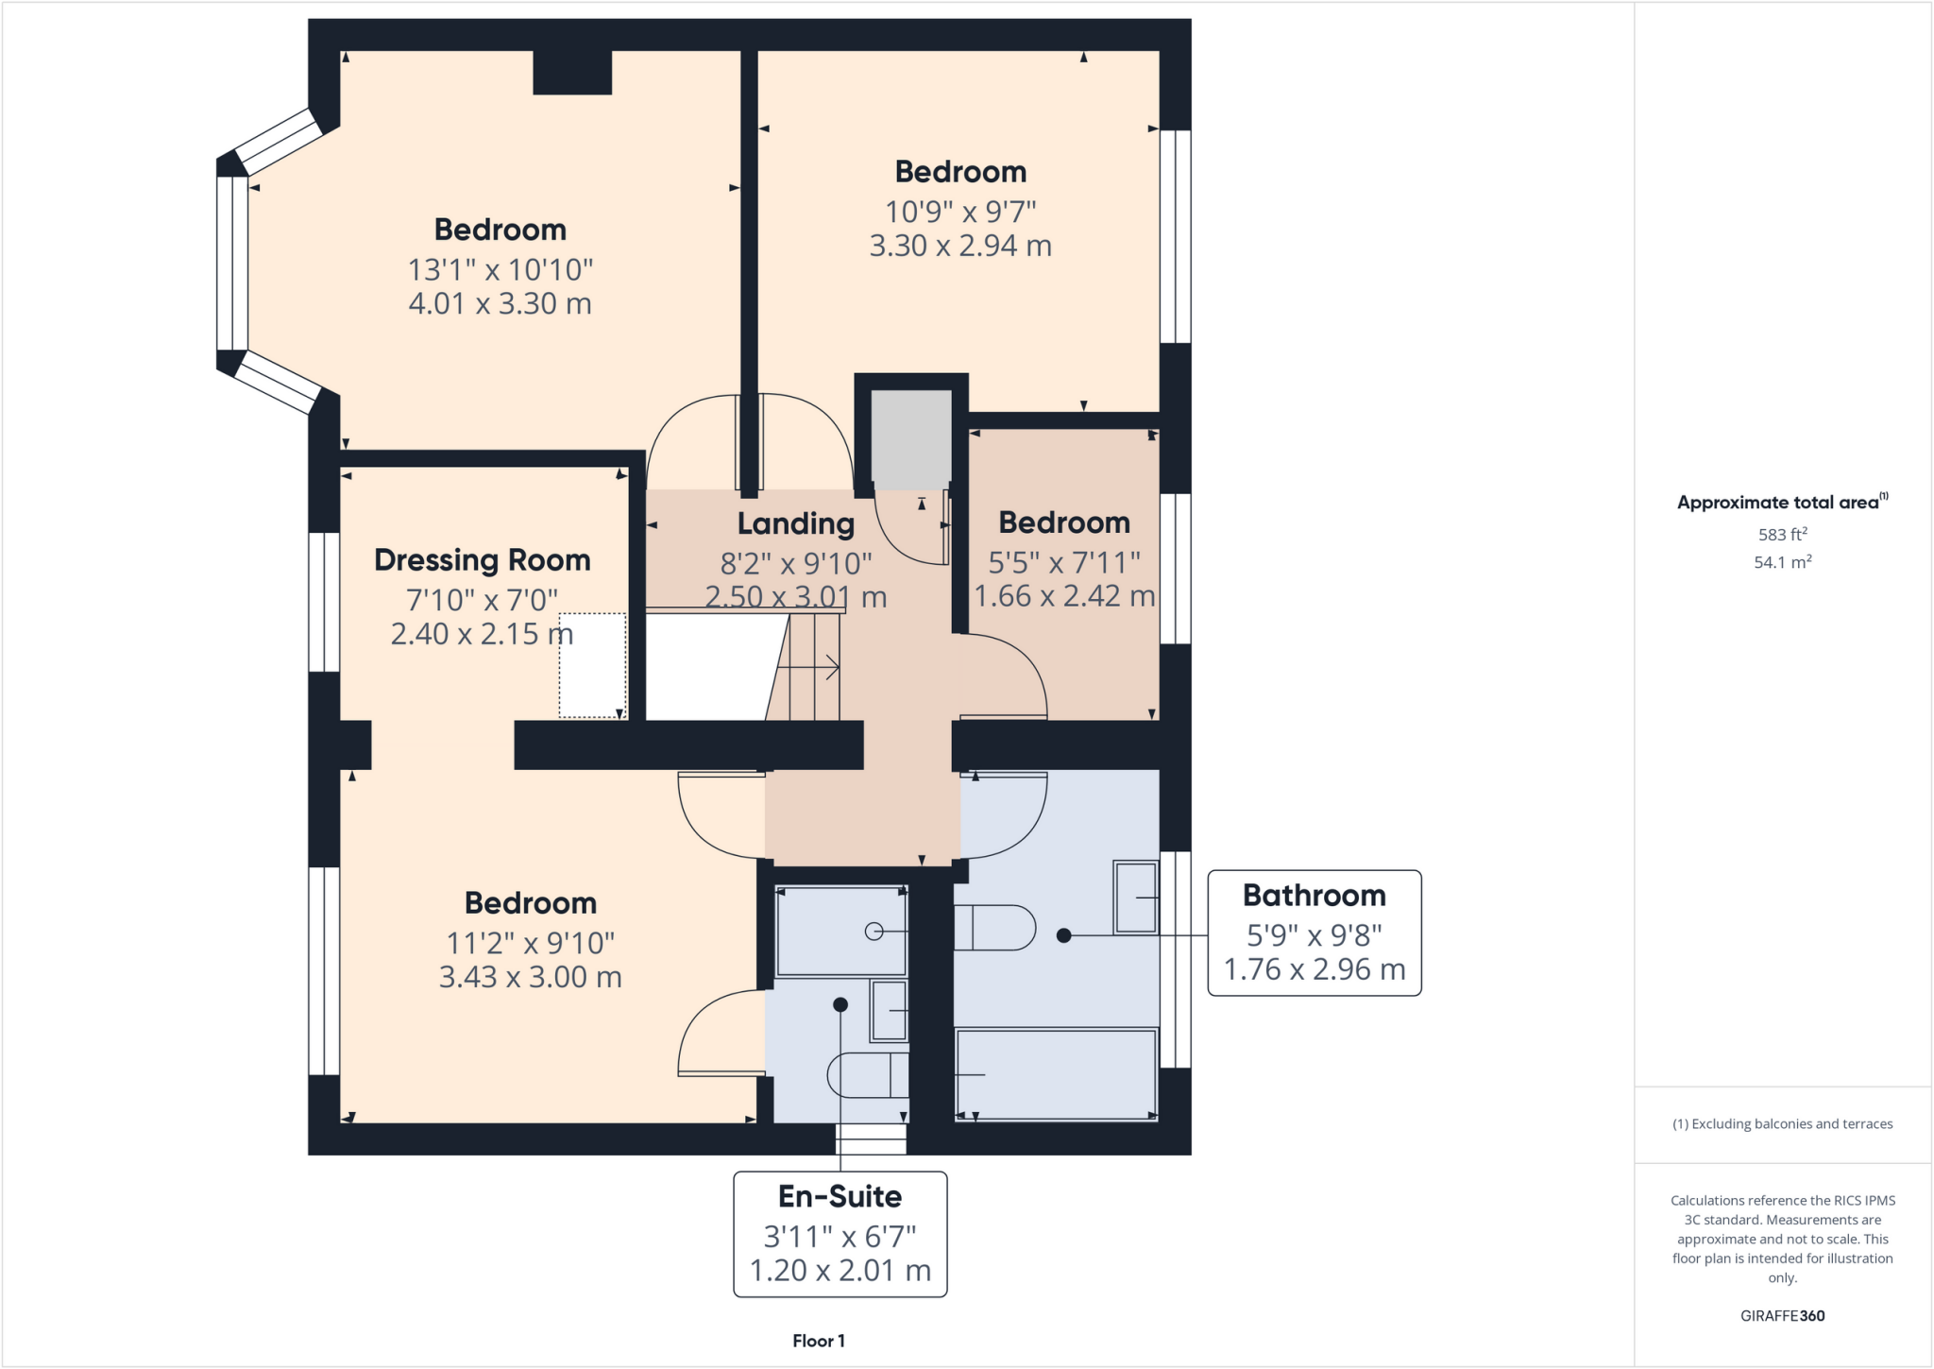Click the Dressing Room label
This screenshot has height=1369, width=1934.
tap(482, 560)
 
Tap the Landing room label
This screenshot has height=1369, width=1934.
tap(795, 523)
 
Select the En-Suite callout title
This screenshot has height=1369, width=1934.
tap(840, 1197)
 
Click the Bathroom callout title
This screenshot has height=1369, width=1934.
tap(1314, 896)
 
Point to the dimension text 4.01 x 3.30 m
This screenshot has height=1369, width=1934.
tap(500, 304)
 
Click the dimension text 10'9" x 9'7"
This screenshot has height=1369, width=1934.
tap(959, 212)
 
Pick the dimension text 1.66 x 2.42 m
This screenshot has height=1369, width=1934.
tap(1064, 596)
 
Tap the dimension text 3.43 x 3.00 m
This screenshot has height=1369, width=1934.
tap(530, 977)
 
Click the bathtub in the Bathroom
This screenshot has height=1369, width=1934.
tap(1056, 1075)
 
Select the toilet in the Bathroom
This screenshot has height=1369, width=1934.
tap(994, 928)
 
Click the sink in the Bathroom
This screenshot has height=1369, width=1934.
tap(1135, 897)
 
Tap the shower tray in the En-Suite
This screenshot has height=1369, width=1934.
tap(840, 932)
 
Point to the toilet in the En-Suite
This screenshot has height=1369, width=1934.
tap(867, 1075)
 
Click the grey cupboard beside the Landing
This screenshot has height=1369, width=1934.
tap(910, 439)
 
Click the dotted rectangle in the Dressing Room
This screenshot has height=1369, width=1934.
tap(592, 665)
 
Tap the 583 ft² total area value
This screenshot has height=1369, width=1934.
tap(1782, 535)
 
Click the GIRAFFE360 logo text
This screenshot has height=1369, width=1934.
tap(1782, 1316)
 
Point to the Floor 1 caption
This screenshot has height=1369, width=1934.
tap(818, 1341)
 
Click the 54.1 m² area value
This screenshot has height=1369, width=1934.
tap(1782, 563)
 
